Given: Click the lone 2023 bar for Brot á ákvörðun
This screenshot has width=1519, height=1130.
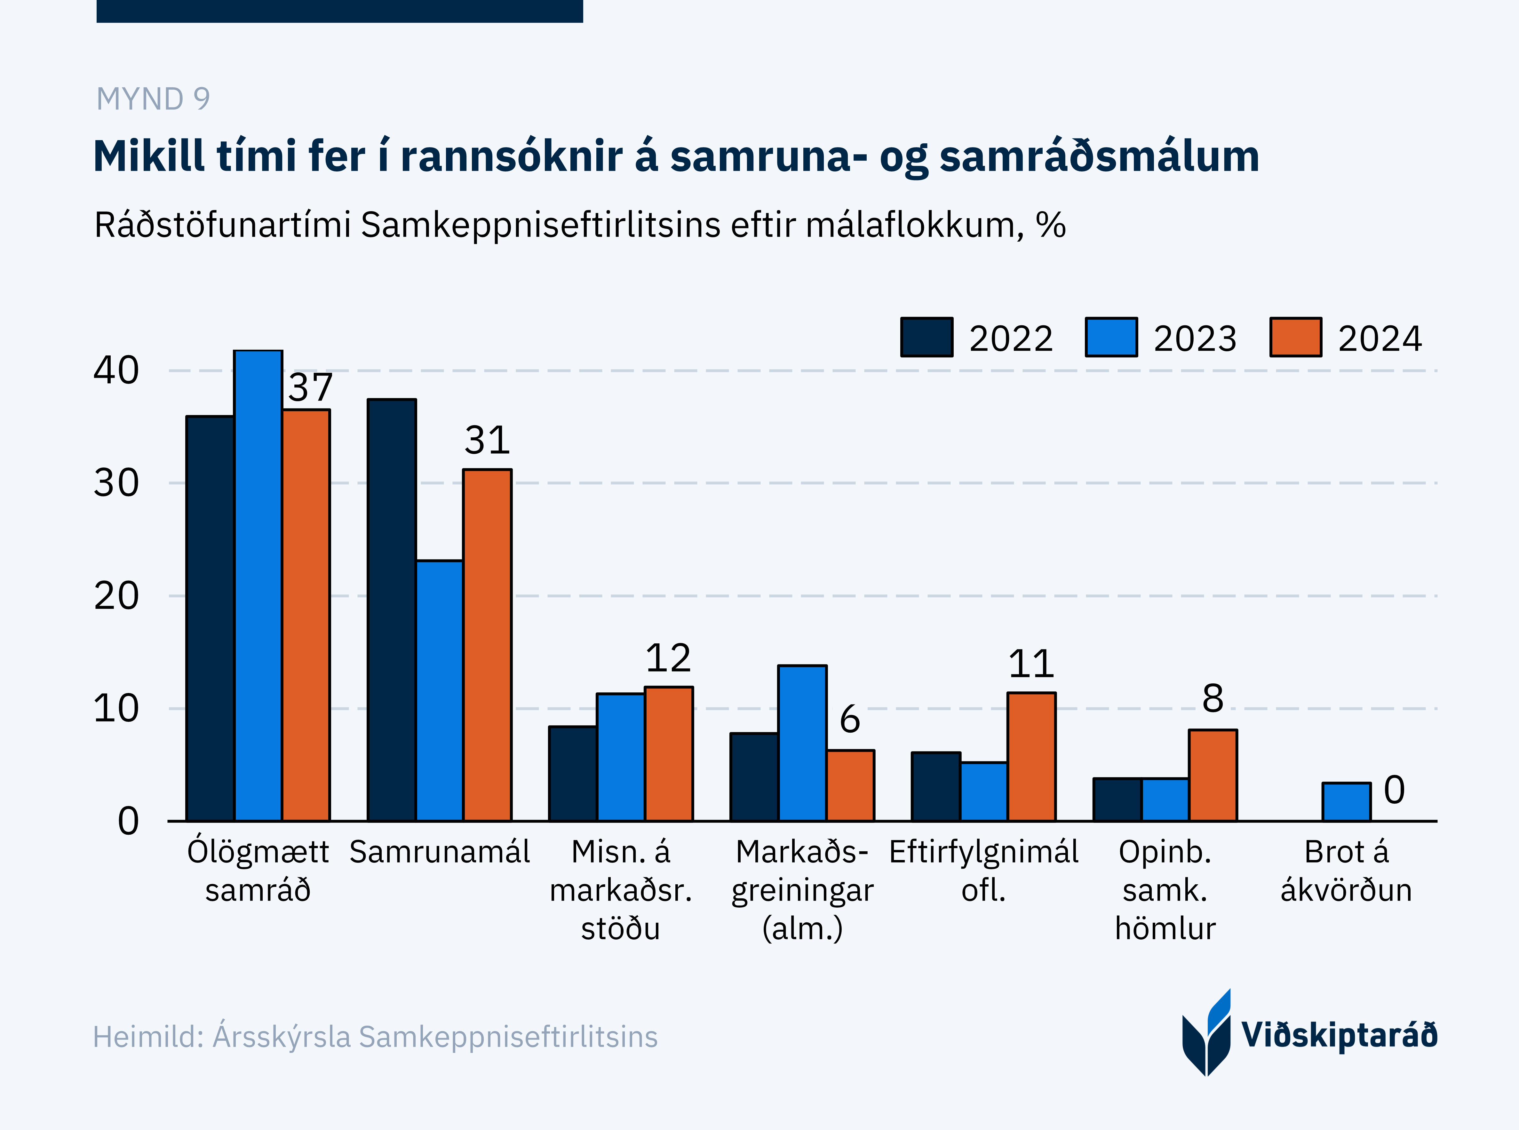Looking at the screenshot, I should point(1346,802).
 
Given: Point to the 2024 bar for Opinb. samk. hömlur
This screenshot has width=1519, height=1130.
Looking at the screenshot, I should point(1213,775).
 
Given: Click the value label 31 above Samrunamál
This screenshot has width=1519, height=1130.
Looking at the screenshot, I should point(487,440).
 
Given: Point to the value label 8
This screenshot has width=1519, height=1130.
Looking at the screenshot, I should point(1213,698).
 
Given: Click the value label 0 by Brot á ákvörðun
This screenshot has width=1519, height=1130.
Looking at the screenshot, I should point(1394,790).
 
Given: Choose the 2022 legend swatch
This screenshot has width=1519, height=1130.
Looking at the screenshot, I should point(927,337).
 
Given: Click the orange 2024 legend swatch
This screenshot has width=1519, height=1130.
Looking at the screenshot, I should point(1295,337).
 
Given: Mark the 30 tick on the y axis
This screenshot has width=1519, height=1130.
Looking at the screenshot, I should point(116,483).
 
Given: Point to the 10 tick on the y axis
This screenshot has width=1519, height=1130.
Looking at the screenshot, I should point(116,709).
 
